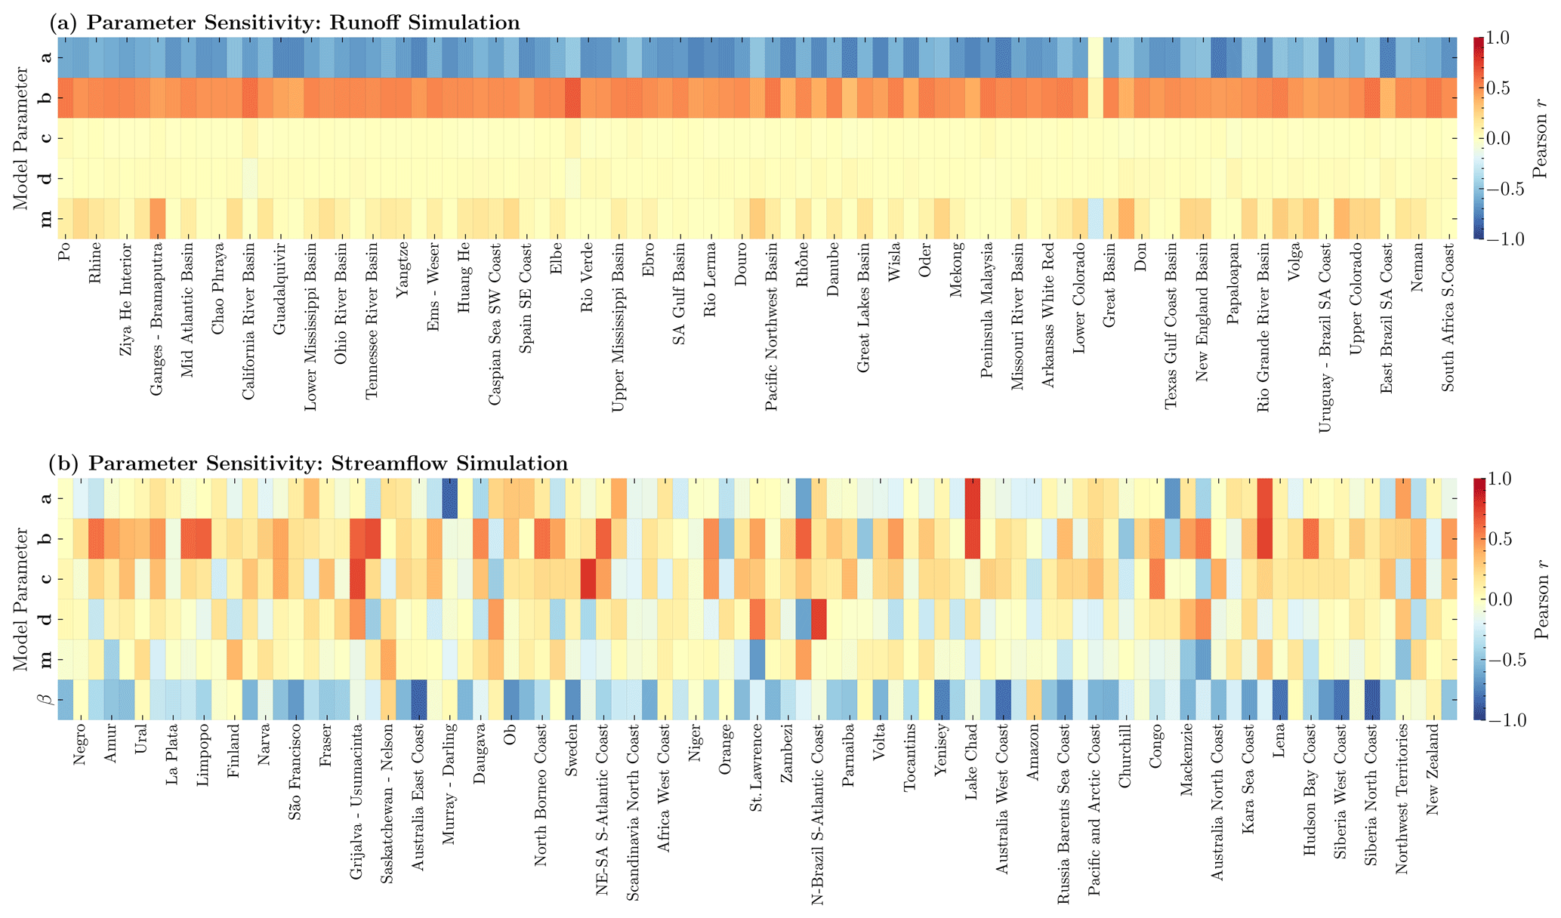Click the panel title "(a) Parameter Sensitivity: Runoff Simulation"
pyautogui.click(x=284, y=23)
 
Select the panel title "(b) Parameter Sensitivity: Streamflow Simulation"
pyautogui.click(x=308, y=463)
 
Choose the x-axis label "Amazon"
pyautogui.click(x=1034, y=747)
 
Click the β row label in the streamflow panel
pyautogui.click(x=46, y=699)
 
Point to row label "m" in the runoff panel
pyautogui.click(x=46, y=219)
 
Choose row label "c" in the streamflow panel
pyautogui.click(x=46, y=579)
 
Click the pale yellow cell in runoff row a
pyautogui.click(x=1095, y=57)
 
